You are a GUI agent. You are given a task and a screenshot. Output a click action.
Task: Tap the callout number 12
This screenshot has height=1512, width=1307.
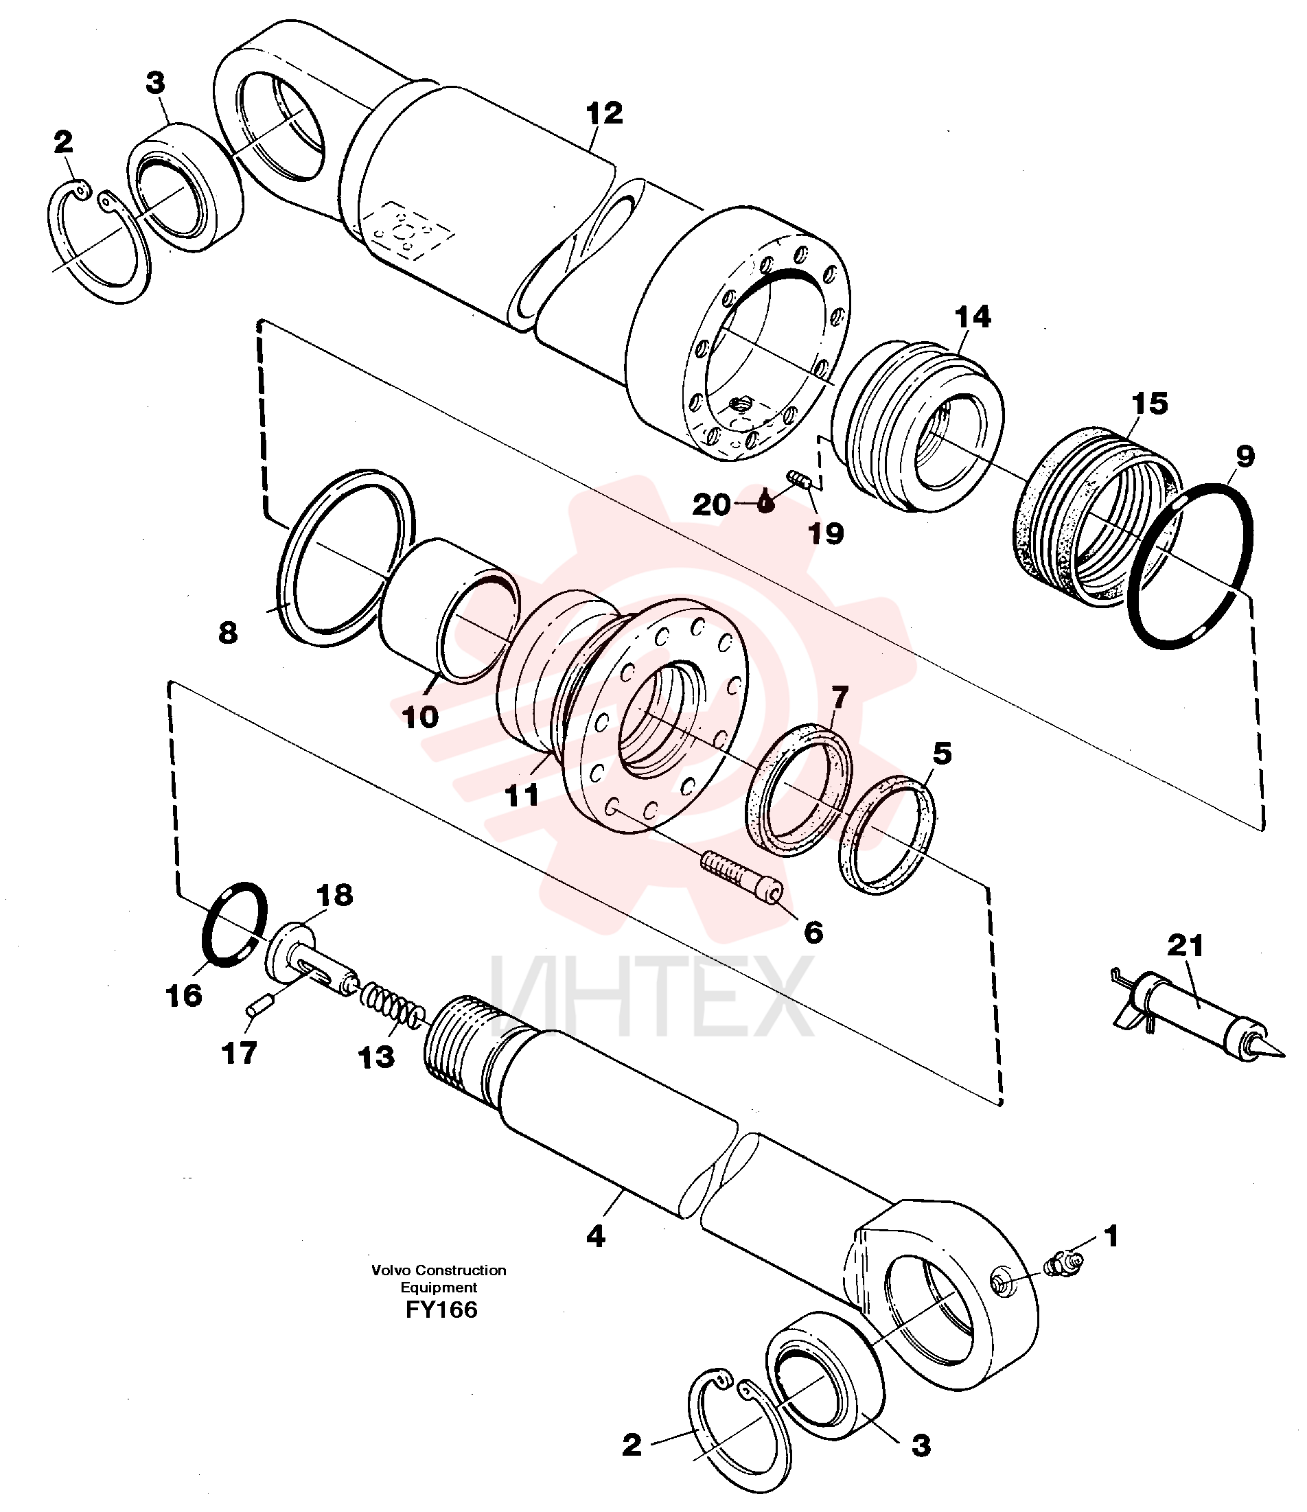pos(605,113)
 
